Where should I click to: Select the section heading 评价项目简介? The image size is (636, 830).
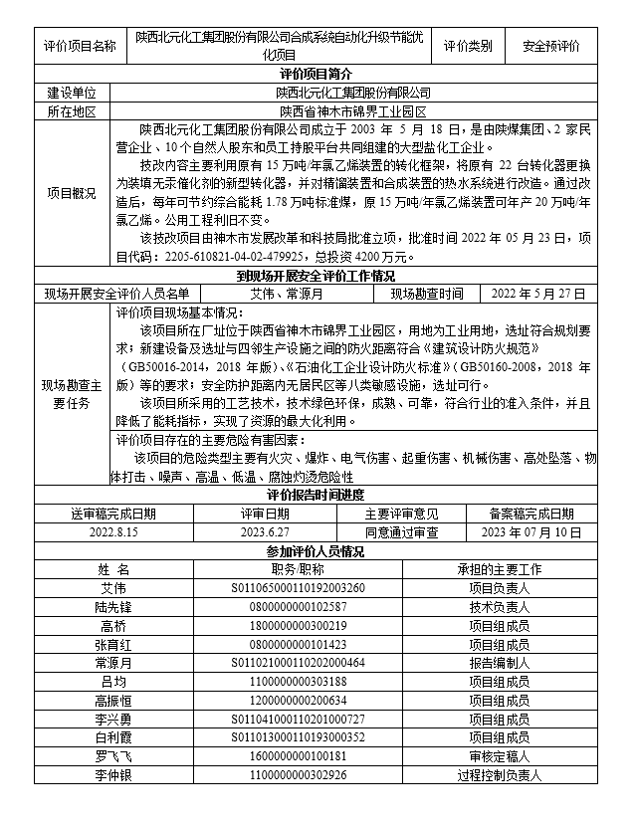click(318, 74)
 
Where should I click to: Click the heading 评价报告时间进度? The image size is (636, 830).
click(318, 496)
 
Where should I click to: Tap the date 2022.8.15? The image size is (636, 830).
click(113, 532)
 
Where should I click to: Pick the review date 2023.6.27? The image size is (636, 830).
click(265, 532)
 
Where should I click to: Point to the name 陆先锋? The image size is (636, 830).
click(113, 606)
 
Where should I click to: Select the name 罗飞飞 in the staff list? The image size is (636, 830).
click(113, 756)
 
